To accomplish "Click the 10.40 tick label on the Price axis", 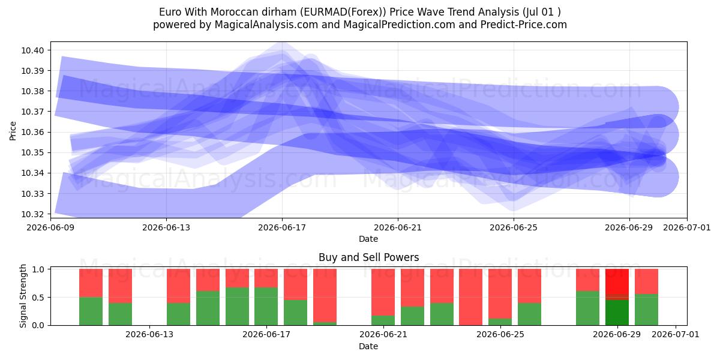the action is coord(32,50).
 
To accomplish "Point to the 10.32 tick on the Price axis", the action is coord(32,214).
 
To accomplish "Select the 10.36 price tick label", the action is coord(32,132).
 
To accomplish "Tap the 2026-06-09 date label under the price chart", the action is coord(50,227).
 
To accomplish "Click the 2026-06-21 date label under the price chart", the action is coord(398,227).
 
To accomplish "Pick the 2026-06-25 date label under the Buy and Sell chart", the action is coord(500,334).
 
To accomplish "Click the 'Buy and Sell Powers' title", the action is coord(368,257).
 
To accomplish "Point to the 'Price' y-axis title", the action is coord(13,131).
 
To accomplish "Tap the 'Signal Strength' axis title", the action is coord(23,296).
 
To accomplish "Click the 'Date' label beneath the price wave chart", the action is coord(368,239).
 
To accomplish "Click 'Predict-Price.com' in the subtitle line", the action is coord(524,25).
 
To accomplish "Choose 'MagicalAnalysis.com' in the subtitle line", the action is coord(266,25).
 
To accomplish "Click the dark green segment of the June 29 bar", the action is coord(617,313).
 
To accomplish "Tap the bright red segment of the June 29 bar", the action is coord(617,281).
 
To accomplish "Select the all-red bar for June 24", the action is coord(471,297).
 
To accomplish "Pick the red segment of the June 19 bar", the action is coord(325,295).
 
